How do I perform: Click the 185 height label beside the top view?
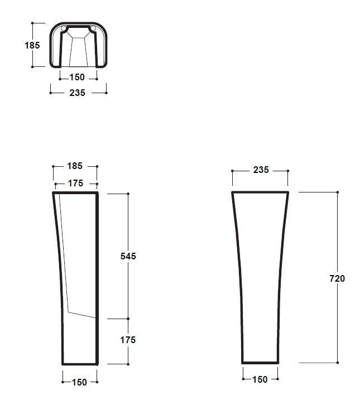click(x=32, y=45)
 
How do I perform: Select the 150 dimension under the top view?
click(x=77, y=78)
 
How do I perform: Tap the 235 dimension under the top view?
click(x=77, y=93)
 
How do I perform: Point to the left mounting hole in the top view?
click(x=64, y=28)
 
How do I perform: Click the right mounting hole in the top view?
click(x=93, y=28)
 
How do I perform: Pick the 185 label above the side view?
click(x=75, y=166)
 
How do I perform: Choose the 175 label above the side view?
click(x=75, y=183)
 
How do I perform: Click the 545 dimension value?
click(x=128, y=256)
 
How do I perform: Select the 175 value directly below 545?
click(x=128, y=340)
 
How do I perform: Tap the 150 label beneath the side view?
click(x=79, y=382)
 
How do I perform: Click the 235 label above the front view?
click(x=261, y=170)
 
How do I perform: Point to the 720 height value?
click(x=337, y=278)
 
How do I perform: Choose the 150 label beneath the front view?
click(x=260, y=379)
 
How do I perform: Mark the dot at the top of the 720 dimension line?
click(x=337, y=192)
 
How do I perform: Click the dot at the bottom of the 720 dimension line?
click(x=337, y=363)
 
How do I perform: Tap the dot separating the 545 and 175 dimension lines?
click(x=128, y=319)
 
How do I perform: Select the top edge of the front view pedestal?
click(x=260, y=192)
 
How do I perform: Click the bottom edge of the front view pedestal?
click(x=260, y=362)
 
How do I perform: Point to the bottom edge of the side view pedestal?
click(x=80, y=364)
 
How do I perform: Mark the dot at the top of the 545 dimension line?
click(x=128, y=194)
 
